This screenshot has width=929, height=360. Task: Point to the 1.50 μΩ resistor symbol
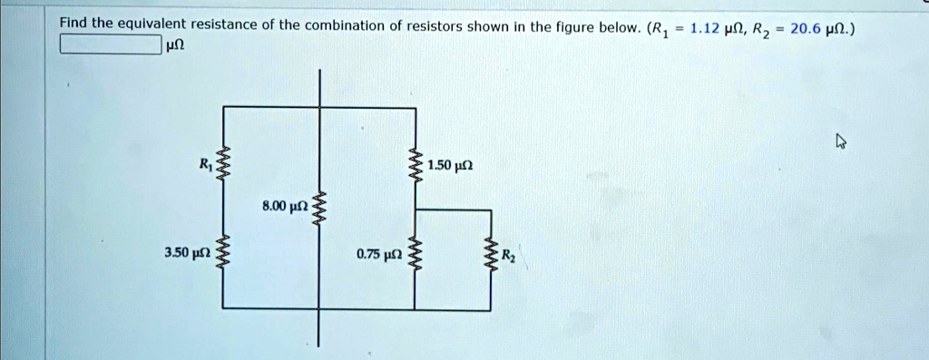click(x=416, y=166)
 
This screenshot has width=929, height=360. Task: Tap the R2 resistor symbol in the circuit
click(x=491, y=253)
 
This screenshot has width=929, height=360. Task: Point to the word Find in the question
click(x=75, y=24)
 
